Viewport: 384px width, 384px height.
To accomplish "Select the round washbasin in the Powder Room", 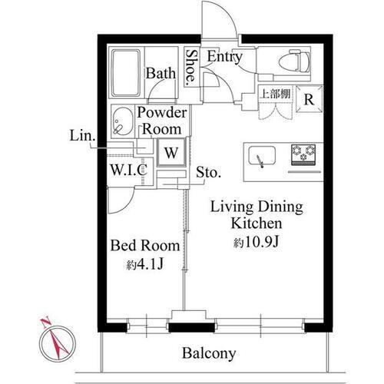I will coord(123,120).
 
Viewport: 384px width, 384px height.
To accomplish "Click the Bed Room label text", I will coord(145,247).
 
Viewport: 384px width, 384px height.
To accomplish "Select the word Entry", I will coord(224,57).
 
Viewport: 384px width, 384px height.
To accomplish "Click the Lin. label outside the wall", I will coord(82,137).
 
